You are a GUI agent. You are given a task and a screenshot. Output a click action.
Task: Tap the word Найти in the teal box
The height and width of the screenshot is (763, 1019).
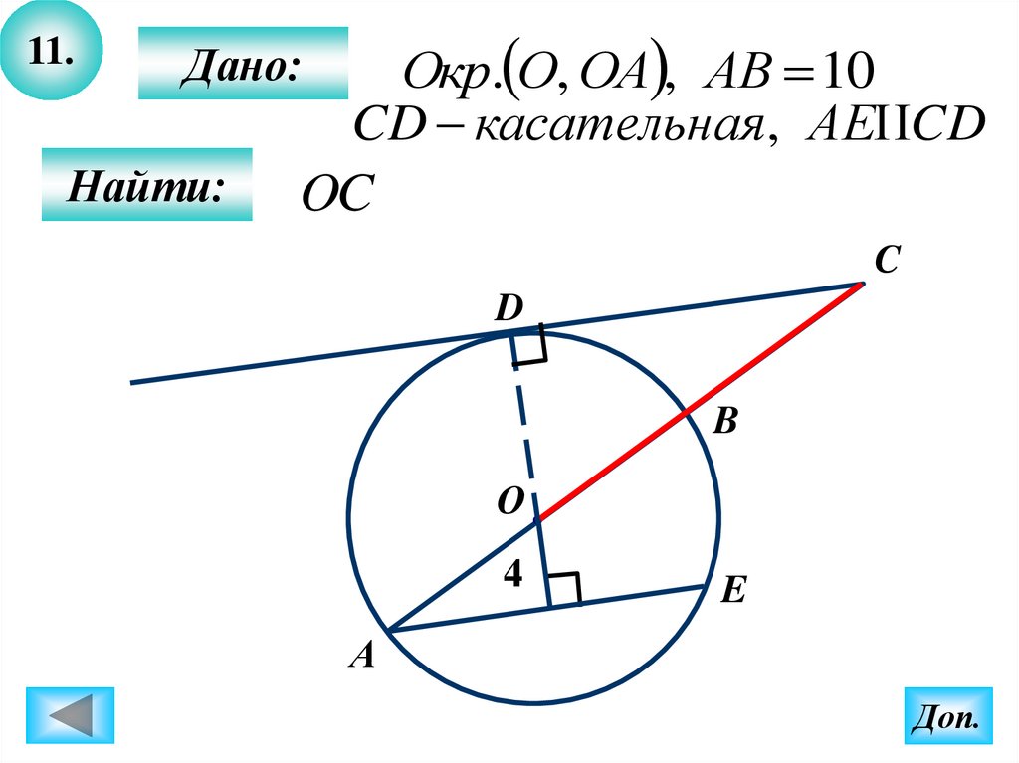(145, 186)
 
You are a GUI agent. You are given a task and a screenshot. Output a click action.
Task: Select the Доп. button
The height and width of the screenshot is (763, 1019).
(947, 715)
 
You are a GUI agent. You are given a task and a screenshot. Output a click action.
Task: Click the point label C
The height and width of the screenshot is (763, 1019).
(888, 261)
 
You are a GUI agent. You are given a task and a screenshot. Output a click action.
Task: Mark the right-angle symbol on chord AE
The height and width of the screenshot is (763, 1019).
(564, 589)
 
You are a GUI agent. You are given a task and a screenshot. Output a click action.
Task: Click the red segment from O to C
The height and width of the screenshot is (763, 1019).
(697, 403)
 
